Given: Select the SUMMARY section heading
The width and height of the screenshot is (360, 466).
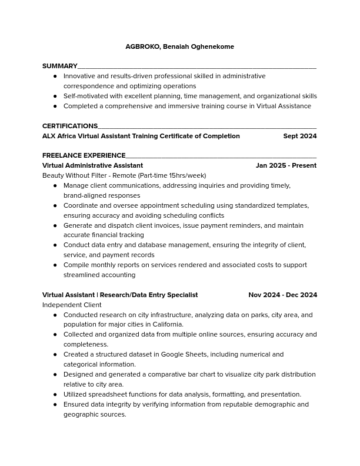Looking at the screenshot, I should pos(60,66).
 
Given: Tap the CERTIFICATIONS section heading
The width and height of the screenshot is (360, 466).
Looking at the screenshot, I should pos(70,127).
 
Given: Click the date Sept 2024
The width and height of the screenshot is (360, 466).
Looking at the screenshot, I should pos(299,136).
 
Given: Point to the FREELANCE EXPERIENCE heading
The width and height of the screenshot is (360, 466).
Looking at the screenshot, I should pos(84,156).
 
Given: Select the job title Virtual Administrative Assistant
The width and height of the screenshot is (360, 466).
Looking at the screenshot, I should pos(92,165).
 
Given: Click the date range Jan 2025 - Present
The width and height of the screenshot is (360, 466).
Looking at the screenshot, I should pos(286,165).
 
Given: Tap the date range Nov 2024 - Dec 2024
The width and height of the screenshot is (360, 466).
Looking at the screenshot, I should pos(282,295).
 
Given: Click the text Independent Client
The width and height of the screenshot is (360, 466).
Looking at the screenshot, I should pos(72,305).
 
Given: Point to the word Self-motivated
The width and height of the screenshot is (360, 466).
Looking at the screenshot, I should pos(85,96).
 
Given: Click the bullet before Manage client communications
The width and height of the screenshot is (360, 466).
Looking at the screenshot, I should pos(55,185).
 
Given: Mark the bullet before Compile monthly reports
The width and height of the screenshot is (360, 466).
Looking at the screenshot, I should pos(55,265).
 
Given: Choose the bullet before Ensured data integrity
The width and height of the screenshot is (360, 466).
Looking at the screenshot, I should pos(55,404).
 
